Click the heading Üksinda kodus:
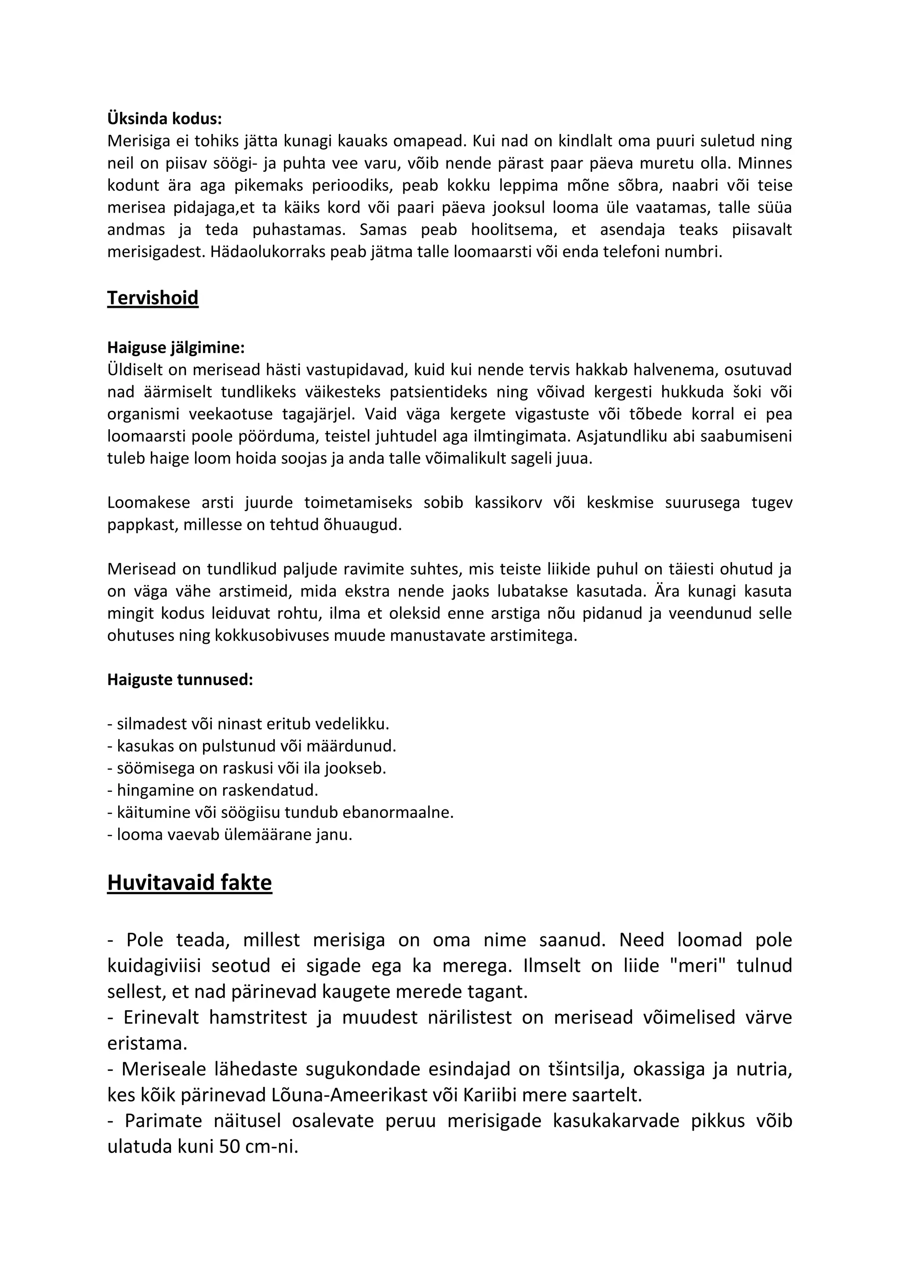[x=164, y=119]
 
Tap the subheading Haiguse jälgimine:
[x=176, y=347]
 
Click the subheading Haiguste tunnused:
[x=180, y=679]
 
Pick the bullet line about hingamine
[x=213, y=790]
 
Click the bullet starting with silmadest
[x=248, y=723]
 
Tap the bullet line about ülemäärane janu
[x=230, y=835]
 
